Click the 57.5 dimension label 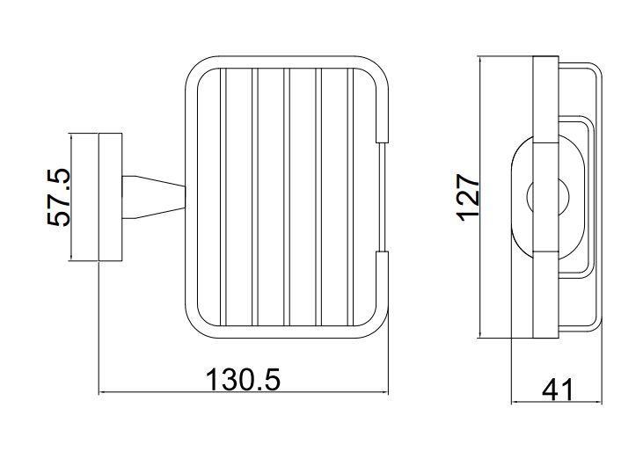(x=58, y=197)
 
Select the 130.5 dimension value (x=243, y=379)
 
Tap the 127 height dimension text (x=469, y=198)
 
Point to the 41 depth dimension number (x=558, y=390)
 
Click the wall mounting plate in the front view (x=110, y=197)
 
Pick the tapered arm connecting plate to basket (x=154, y=197)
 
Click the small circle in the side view (x=548, y=197)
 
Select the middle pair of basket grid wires (x=287, y=197)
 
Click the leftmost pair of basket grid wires (x=223, y=197)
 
